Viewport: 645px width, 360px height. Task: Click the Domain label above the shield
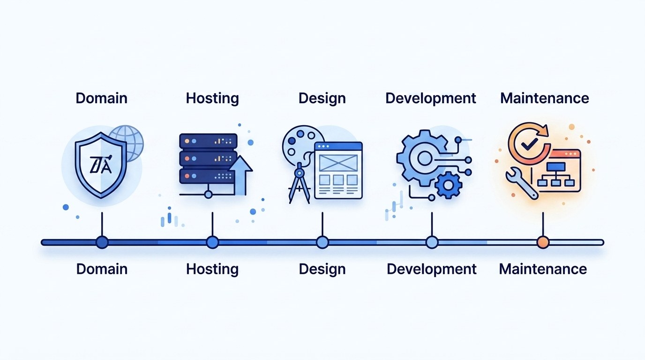tap(101, 98)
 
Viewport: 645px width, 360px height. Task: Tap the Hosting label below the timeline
tap(212, 269)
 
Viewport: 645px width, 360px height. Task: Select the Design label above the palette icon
tap(322, 98)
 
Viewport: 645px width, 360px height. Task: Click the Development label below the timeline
tap(431, 269)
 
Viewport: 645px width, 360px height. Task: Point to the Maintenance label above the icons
tap(544, 98)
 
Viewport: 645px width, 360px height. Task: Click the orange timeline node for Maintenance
tap(543, 242)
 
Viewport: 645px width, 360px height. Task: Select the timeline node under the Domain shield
tap(102, 242)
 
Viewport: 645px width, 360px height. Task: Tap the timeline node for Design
tap(322, 242)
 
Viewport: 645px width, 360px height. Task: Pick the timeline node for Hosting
tap(212, 242)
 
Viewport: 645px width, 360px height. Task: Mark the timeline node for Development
tap(432, 242)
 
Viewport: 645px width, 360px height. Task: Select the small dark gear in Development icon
tap(448, 185)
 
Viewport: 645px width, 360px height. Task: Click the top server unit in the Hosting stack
tap(208, 140)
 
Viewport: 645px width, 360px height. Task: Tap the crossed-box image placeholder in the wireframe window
tap(338, 163)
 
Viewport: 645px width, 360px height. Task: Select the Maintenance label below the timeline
tap(543, 269)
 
